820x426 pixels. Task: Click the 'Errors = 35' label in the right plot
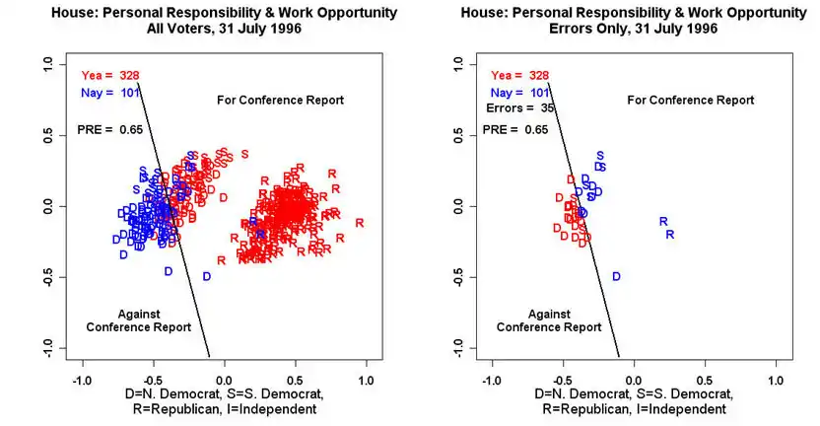[x=521, y=107]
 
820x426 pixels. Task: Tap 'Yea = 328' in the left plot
[x=110, y=75]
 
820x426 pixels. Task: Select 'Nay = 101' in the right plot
[x=519, y=92]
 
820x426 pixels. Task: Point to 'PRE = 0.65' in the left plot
[x=110, y=129]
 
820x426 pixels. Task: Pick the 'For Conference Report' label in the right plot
[x=690, y=100]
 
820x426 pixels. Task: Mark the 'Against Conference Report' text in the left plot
[x=131, y=320]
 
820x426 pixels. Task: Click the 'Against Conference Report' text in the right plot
[x=540, y=320]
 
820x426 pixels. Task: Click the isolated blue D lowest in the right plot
[x=617, y=277]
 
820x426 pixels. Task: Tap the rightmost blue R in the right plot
[x=670, y=235]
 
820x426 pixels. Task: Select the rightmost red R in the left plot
[x=360, y=222]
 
